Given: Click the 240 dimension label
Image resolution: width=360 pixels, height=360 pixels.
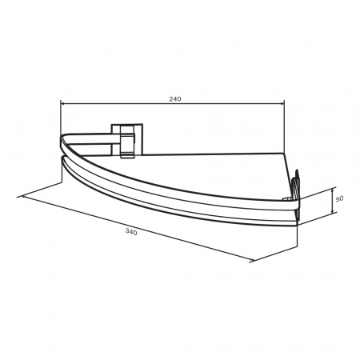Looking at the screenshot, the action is pyautogui.click(x=175, y=99).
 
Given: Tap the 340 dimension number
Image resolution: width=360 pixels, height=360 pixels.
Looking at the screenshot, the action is pyautogui.click(x=131, y=232).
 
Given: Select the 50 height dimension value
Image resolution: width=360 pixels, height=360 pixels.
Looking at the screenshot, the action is pyautogui.click(x=339, y=198).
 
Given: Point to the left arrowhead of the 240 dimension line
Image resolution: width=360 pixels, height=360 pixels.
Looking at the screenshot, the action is pyautogui.click(x=64, y=103).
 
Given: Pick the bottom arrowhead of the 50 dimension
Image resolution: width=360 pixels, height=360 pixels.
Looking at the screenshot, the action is pyautogui.click(x=332, y=210).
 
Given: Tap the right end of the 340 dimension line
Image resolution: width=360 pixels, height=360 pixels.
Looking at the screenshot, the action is pyautogui.click(x=252, y=261).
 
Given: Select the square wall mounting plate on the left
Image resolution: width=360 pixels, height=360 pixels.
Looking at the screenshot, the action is pyautogui.click(x=127, y=139).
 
